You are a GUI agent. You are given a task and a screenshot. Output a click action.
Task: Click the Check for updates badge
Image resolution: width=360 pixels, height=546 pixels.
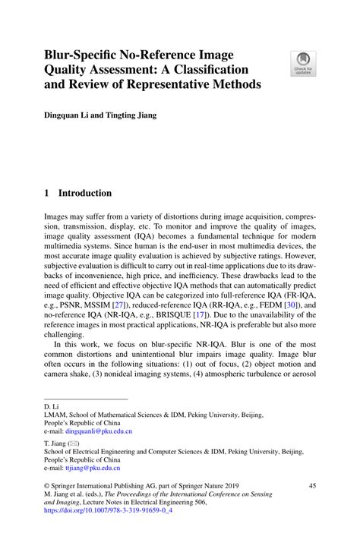click(305, 63)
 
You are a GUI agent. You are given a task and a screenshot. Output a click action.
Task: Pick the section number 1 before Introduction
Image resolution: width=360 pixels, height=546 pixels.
click(46, 194)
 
